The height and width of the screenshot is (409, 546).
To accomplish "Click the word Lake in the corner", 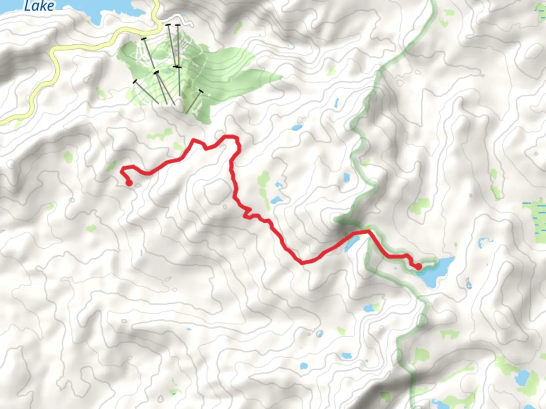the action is point(39,5).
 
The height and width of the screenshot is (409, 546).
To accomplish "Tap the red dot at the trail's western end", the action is point(129,184).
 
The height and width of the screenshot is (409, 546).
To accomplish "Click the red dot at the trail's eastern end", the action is point(418,267).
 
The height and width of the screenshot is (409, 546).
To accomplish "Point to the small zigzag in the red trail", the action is point(247,212).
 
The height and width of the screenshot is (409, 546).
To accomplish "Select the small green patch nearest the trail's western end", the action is point(111,167).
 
